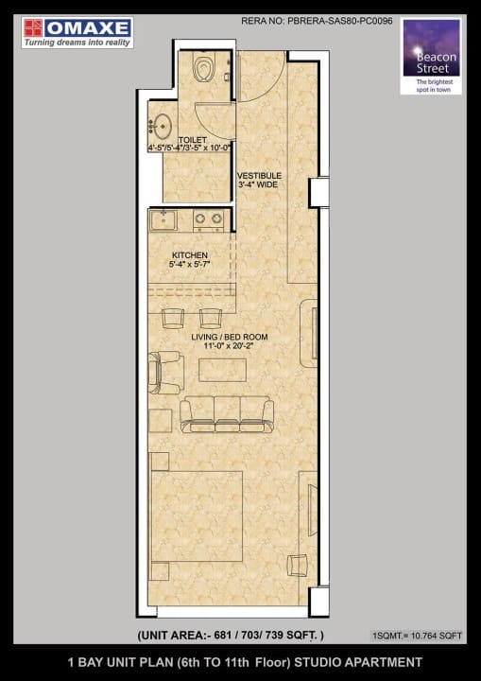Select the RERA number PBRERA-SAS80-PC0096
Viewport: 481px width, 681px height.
pyautogui.click(x=318, y=19)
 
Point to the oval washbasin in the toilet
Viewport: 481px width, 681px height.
pyautogui.click(x=162, y=126)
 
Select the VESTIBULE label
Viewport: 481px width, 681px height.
pyautogui.click(x=256, y=176)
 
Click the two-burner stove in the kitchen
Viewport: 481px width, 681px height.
pyautogui.click(x=209, y=220)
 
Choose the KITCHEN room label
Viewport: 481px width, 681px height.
pyautogui.click(x=189, y=254)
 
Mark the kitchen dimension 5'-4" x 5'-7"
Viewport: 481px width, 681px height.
pyautogui.click(x=189, y=265)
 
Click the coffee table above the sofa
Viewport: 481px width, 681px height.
pyautogui.click(x=223, y=370)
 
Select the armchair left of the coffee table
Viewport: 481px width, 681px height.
pyautogui.click(x=164, y=371)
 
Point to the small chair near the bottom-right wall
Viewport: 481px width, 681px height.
pyautogui.click(x=299, y=565)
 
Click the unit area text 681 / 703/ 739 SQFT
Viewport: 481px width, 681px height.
pyautogui.click(x=231, y=635)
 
